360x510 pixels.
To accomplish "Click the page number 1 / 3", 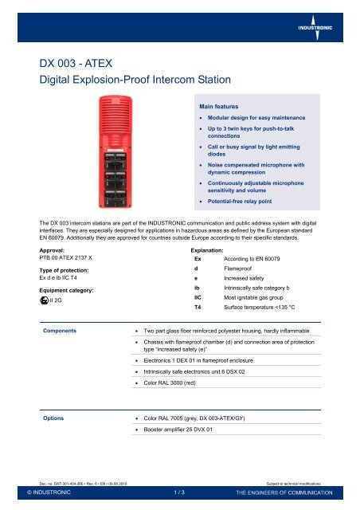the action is coord(179,493).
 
